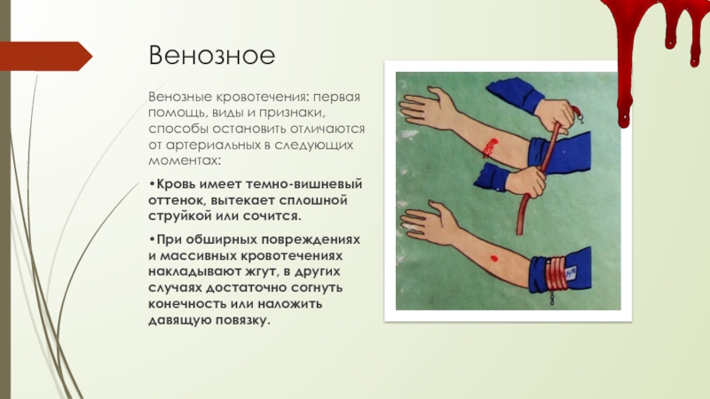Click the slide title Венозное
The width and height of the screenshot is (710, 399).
pos(211,55)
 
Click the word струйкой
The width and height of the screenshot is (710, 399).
pos(175,216)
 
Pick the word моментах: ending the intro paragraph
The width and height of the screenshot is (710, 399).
pos(185,160)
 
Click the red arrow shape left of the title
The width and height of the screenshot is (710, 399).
pos(46,56)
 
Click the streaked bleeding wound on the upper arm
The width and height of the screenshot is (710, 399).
pos(490,148)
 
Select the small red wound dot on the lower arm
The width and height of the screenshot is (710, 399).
pos(494,259)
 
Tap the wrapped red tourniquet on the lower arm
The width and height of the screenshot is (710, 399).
pos(555,273)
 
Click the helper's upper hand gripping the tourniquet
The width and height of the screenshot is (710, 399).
pos(556,116)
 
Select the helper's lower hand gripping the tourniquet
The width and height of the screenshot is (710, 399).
pos(526,182)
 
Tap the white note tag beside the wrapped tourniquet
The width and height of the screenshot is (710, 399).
pos(571,273)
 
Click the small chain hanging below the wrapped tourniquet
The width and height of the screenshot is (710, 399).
pos(552,297)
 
